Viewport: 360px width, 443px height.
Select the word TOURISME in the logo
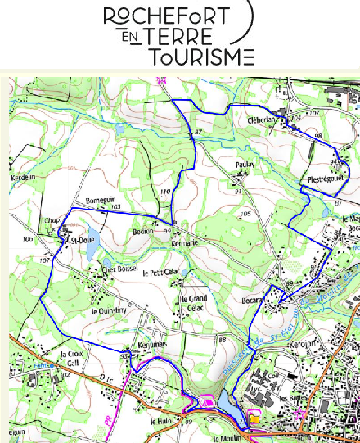tap(200, 57)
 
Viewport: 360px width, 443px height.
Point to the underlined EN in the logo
tap(128, 38)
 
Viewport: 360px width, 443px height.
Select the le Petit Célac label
tap(160, 272)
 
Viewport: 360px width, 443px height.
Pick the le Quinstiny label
tap(109, 311)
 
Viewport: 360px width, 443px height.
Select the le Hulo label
tap(160, 421)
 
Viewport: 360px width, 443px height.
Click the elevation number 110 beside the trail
tap(165, 192)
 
